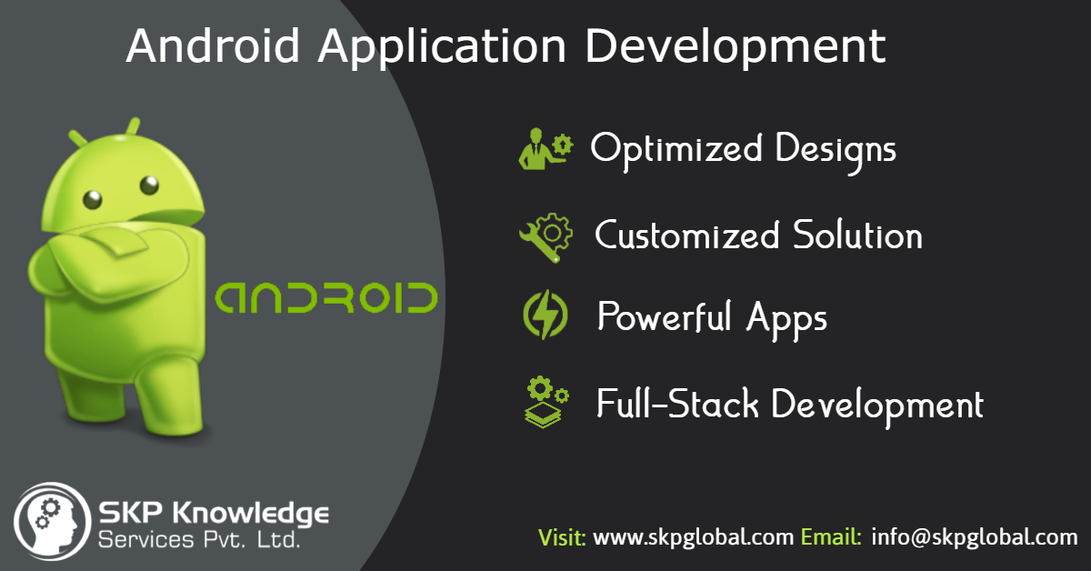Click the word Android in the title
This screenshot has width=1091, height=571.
213,45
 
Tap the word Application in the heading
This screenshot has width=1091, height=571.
442,48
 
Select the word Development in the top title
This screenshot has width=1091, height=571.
736,48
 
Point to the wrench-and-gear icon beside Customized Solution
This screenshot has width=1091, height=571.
546,237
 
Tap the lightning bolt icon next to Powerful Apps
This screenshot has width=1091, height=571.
545,315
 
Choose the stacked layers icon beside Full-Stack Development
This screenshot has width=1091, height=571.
546,402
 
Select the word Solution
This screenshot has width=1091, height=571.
857,235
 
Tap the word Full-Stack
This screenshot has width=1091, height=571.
677,404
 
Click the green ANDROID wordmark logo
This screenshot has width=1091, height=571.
326,297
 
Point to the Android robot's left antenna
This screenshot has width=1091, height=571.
77,138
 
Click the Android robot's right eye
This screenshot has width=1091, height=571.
149,185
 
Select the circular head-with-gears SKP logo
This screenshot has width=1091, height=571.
52,521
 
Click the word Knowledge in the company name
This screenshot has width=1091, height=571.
250,514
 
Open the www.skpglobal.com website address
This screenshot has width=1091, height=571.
694,537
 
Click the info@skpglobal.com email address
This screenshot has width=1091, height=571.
974,537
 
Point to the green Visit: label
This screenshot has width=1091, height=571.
562,536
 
